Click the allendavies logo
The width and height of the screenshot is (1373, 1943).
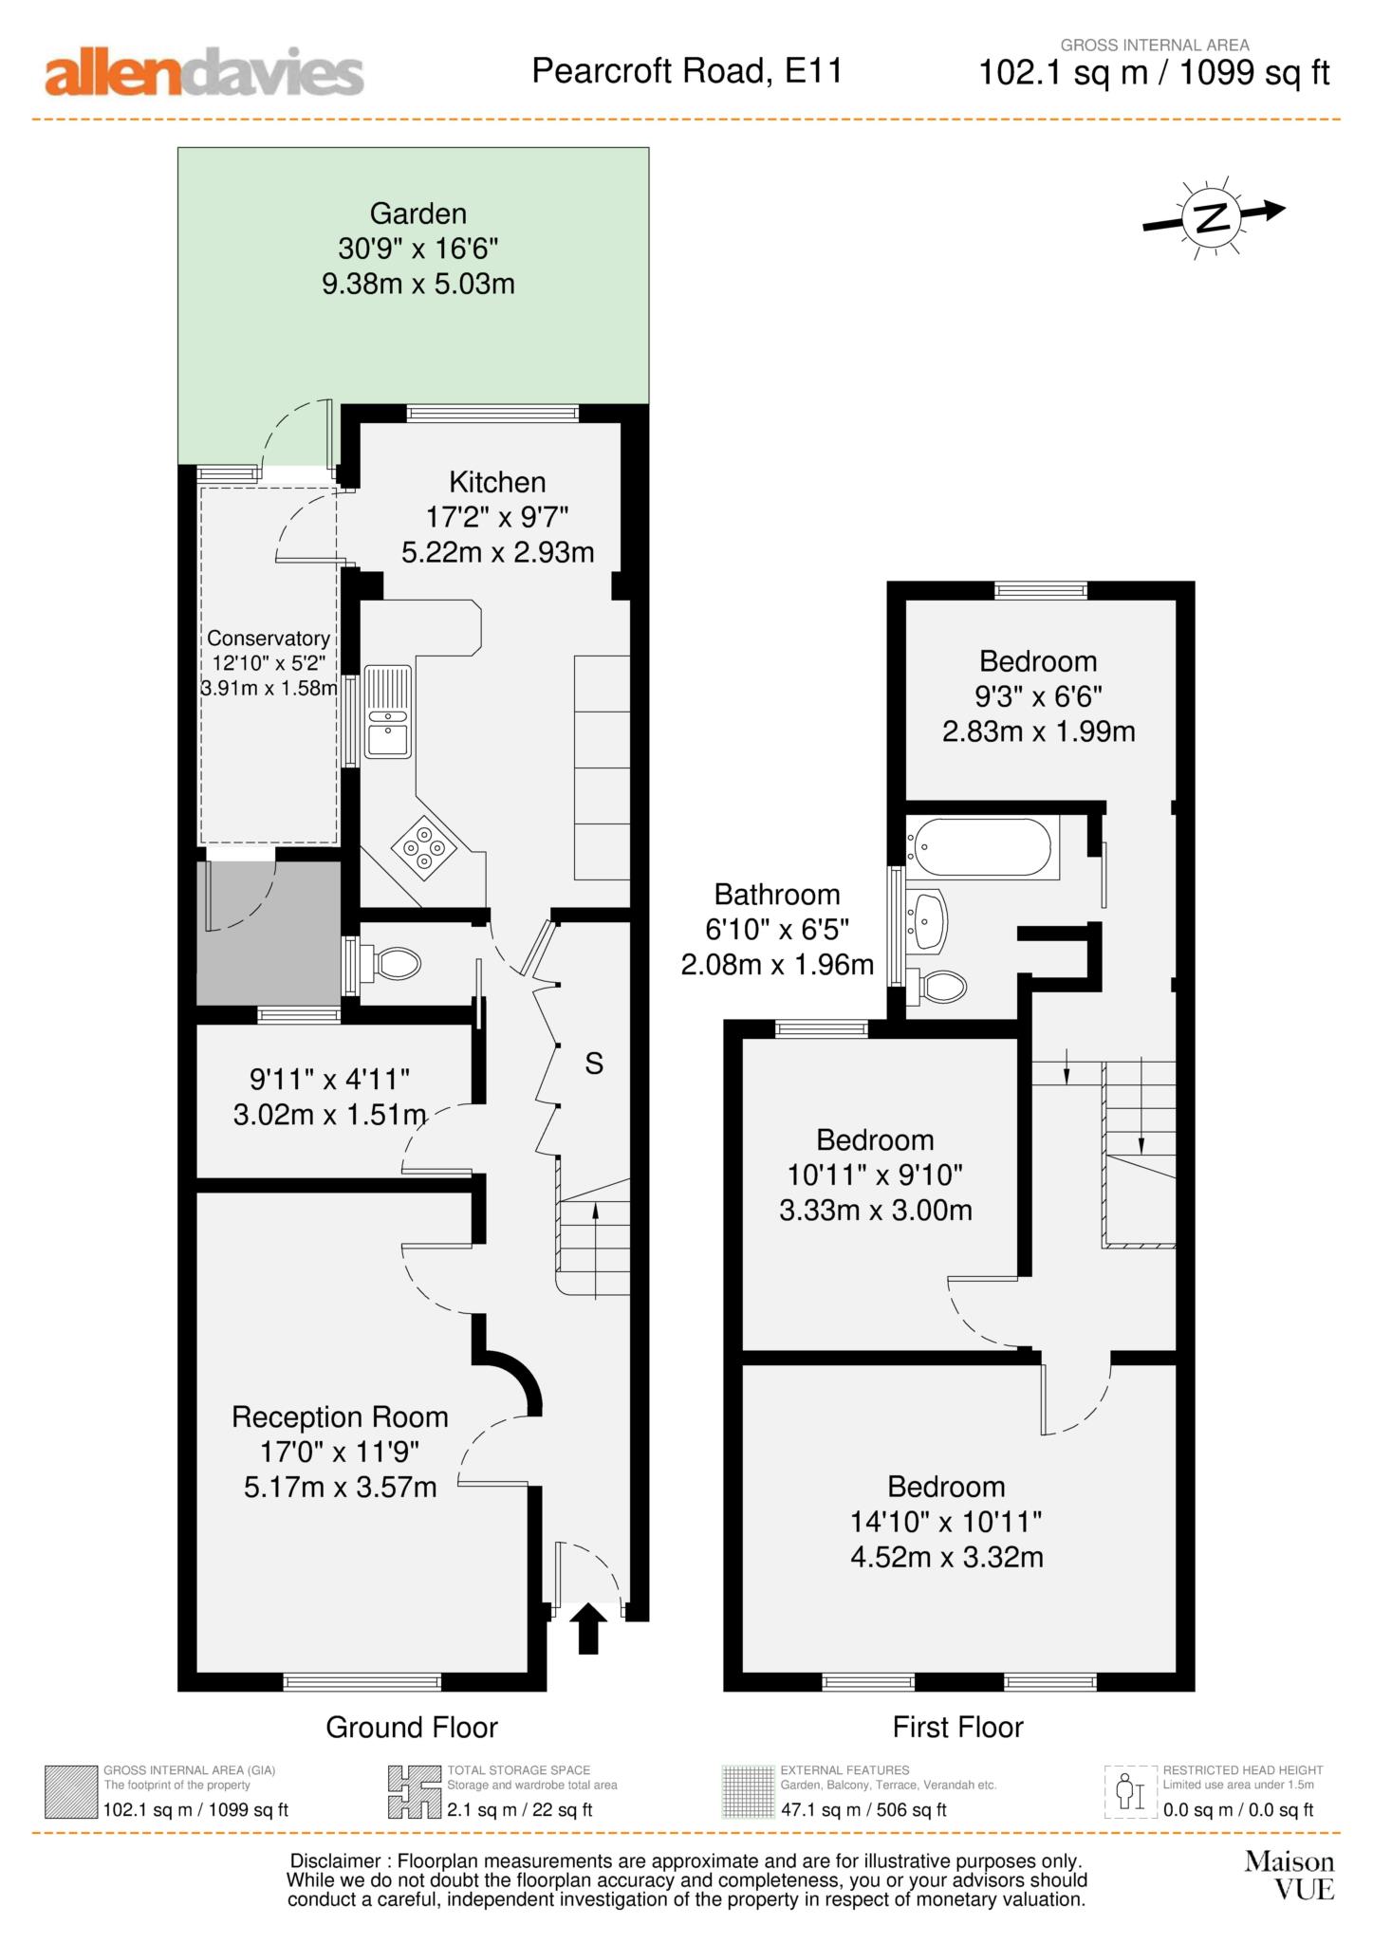[x=204, y=74]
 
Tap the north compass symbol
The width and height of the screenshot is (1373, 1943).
[x=1213, y=216]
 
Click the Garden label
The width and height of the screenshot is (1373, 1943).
[x=418, y=213]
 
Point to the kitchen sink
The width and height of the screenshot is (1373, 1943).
[x=388, y=712]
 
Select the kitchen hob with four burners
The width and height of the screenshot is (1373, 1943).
[x=424, y=844]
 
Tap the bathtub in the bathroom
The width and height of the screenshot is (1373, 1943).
[x=979, y=846]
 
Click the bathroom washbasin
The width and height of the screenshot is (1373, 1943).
[x=928, y=918]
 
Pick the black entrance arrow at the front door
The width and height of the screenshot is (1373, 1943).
[x=589, y=1629]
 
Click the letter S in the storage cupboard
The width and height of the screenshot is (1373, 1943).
[x=594, y=1064]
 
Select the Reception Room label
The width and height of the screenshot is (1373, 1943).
[x=340, y=1417]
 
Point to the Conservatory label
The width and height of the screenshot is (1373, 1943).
[x=269, y=638]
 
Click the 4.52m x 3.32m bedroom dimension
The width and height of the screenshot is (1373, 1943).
[x=947, y=1557]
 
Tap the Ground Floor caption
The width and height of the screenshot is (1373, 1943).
[x=412, y=1728]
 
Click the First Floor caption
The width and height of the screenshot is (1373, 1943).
[x=958, y=1728]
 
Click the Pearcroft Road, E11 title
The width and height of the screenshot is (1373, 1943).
[x=687, y=71]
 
